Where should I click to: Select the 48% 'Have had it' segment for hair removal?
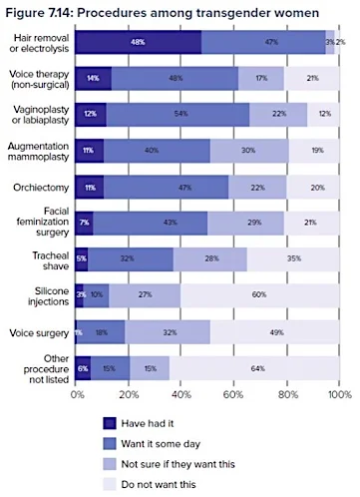pyautogui.click(x=139, y=42)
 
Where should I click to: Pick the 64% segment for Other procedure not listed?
pyautogui.click(x=257, y=368)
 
